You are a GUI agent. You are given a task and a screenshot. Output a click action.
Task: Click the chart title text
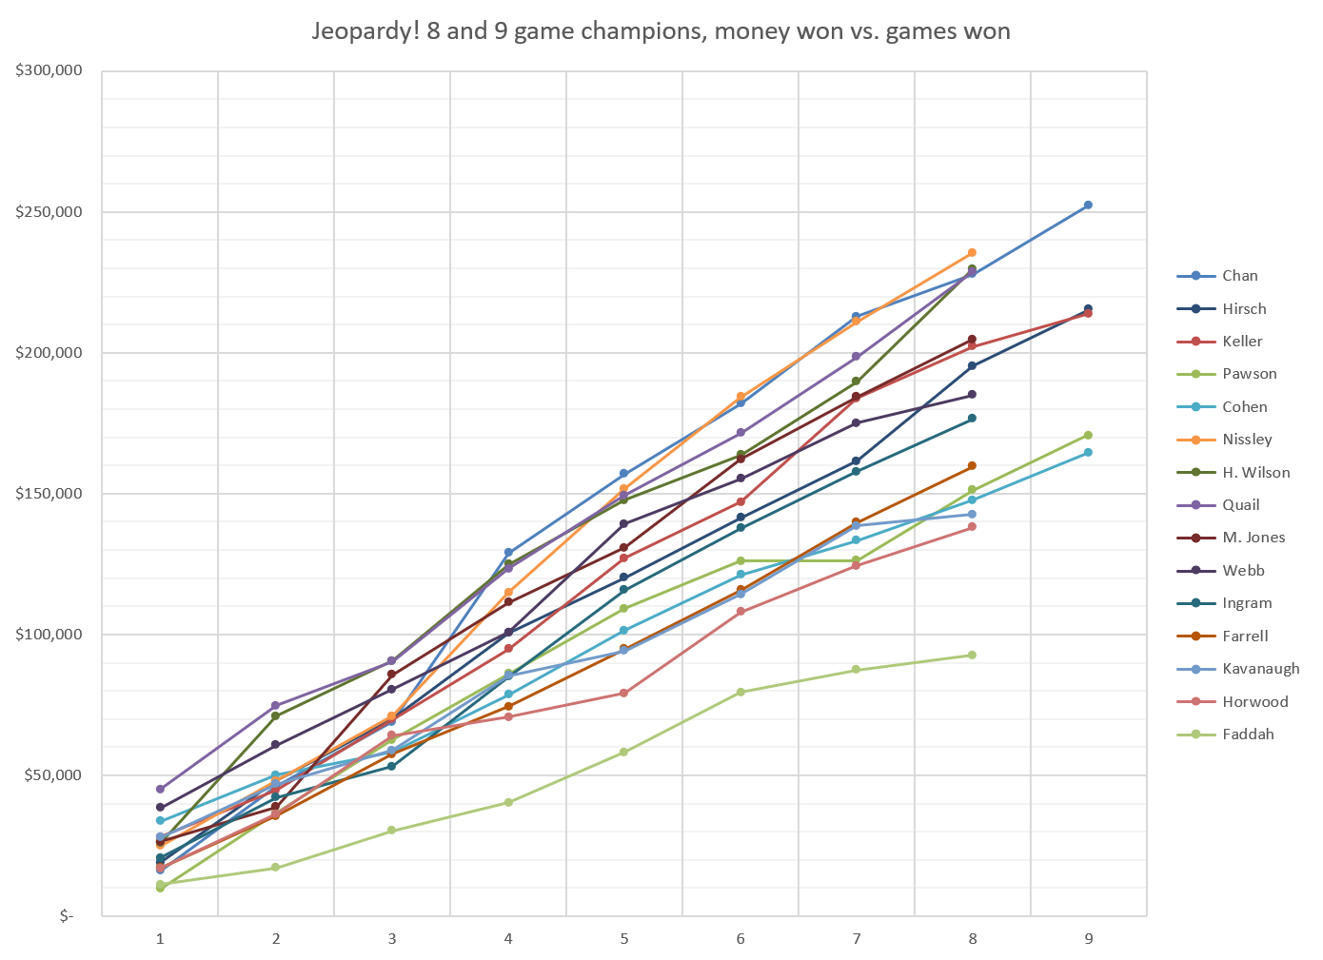[661, 31]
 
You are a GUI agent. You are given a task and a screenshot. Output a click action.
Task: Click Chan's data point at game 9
[1088, 206]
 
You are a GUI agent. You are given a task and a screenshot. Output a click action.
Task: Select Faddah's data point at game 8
[972, 655]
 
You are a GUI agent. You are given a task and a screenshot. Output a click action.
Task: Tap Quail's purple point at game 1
[160, 789]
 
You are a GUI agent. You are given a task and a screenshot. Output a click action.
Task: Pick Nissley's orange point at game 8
[972, 253]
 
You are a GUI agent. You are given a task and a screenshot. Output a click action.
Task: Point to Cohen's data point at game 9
[1088, 452]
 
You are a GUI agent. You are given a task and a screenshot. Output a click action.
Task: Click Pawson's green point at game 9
[1088, 435]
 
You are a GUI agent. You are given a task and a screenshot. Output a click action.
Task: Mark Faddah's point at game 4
[508, 802]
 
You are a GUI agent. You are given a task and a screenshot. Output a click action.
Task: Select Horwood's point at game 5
[624, 693]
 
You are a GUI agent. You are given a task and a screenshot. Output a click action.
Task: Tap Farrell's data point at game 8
[972, 466]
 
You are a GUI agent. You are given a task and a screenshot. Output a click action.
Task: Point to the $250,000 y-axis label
[49, 211]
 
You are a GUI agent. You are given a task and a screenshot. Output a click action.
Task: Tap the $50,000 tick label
[52, 775]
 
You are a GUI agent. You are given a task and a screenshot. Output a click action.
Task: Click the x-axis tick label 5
[624, 939]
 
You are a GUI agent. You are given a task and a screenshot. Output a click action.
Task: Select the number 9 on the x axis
[1088, 939]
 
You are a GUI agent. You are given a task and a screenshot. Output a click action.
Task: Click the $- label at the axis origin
[66, 916]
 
